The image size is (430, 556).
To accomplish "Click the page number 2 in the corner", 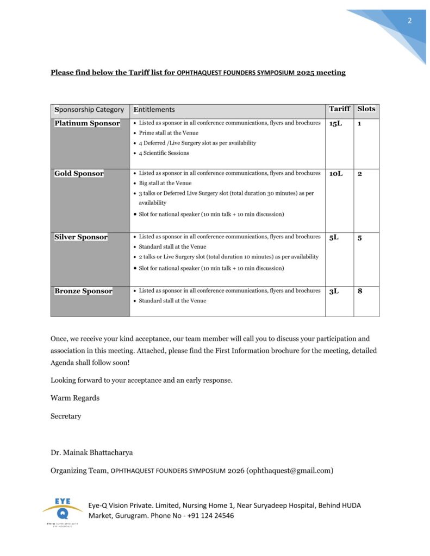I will tap(409, 21).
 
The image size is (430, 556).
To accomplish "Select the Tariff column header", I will tap(339, 109).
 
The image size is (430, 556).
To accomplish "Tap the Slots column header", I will tap(366, 109).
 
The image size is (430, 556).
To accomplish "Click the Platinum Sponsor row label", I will tap(87, 123).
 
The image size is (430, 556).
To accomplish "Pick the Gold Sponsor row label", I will tap(79, 173).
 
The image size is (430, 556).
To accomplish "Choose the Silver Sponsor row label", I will tap(81, 237).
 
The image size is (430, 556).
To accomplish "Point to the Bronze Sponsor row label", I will tap(83, 291).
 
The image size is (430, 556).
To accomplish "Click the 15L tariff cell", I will tap(335, 124).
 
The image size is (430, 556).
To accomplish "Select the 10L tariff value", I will tap(336, 174).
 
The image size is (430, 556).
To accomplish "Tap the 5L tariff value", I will tap(333, 238).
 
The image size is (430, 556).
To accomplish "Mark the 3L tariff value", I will tap(333, 292).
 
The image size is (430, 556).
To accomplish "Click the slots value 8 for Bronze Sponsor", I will tap(360, 292).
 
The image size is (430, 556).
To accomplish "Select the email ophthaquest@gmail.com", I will tap(290, 470).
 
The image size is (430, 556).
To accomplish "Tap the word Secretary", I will tap(66, 416).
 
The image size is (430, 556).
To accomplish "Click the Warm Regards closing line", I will tap(75, 398).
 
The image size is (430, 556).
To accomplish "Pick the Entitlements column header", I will tap(154, 110).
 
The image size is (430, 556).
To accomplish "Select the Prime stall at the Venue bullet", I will tap(169, 133).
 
